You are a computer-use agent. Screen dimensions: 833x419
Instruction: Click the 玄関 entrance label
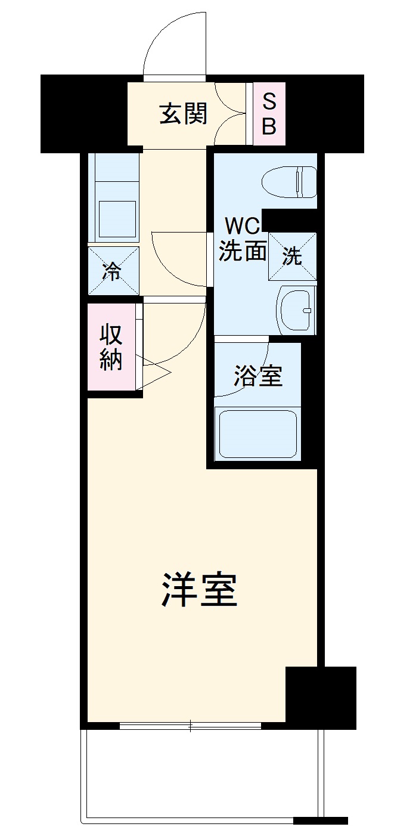tap(183, 113)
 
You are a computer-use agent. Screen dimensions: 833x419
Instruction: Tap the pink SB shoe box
tap(269, 114)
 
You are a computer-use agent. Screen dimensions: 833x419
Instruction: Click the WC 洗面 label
tap(241, 240)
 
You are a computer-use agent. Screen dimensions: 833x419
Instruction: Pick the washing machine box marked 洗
tap(292, 256)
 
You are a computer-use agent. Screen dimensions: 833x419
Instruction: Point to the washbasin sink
tap(297, 310)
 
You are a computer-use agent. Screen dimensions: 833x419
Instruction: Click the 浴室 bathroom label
tap(258, 376)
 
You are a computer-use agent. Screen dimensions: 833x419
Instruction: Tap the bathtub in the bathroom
tap(258, 433)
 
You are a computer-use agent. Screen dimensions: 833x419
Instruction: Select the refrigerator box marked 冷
tap(113, 271)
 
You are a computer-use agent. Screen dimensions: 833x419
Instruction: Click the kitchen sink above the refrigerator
tap(116, 219)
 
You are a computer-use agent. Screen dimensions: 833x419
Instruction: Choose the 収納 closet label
tap(111, 347)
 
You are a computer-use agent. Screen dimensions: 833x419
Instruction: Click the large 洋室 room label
tap(199, 589)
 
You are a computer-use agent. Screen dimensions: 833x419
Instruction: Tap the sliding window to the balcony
tap(190, 726)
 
